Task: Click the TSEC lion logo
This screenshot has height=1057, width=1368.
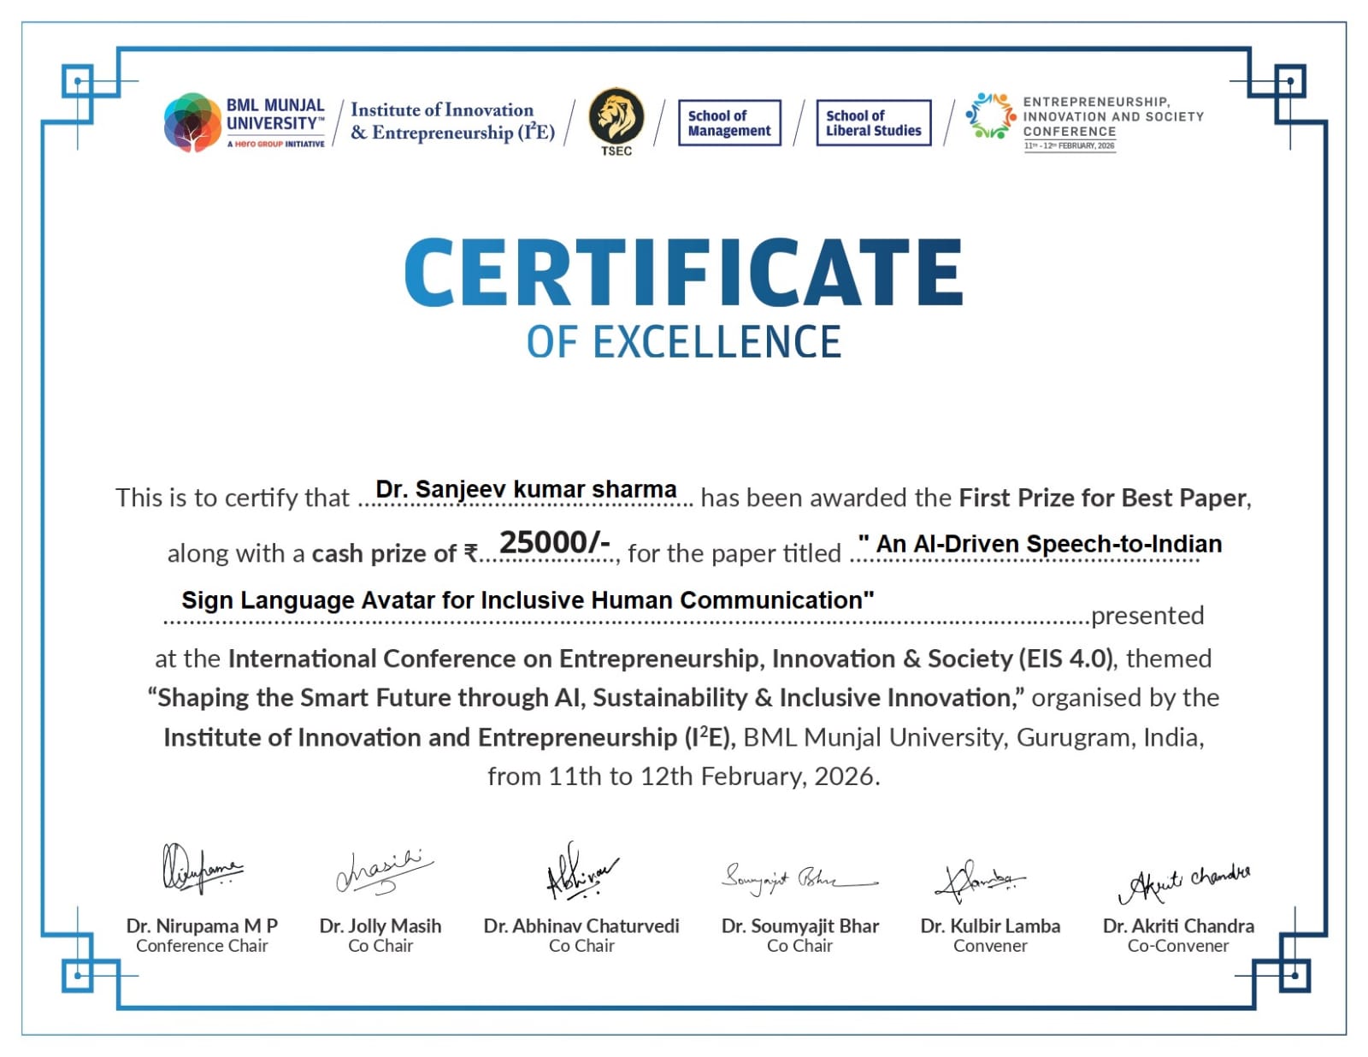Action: click(x=616, y=117)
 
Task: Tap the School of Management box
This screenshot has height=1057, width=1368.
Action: click(x=729, y=123)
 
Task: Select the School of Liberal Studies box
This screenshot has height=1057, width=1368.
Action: click(x=873, y=123)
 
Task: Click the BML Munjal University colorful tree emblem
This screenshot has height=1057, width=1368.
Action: click(x=192, y=122)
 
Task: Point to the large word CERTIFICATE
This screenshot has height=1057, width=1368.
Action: click(x=683, y=272)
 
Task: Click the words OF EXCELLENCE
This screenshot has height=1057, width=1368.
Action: click(x=683, y=342)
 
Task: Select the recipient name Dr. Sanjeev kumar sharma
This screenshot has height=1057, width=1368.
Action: click(x=526, y=489)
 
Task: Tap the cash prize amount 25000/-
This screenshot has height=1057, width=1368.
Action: click(x=554, y=542)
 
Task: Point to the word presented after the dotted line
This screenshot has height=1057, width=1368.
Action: click(x=1147, y=616)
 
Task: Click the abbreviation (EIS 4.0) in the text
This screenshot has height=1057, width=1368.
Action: click(x=1066, y=658)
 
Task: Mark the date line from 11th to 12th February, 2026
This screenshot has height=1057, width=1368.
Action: click(x=683, y=777)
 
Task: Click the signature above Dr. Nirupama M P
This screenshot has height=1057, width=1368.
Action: click(x=200, y=868)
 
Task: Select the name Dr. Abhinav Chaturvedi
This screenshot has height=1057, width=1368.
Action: click(x=581, y=926)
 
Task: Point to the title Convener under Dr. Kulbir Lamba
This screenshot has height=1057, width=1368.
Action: click(x=990, y=946)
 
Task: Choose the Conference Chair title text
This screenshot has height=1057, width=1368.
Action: click(x=202, y=946)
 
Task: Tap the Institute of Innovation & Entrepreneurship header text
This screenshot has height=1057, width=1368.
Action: click(x=452, y=121)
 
